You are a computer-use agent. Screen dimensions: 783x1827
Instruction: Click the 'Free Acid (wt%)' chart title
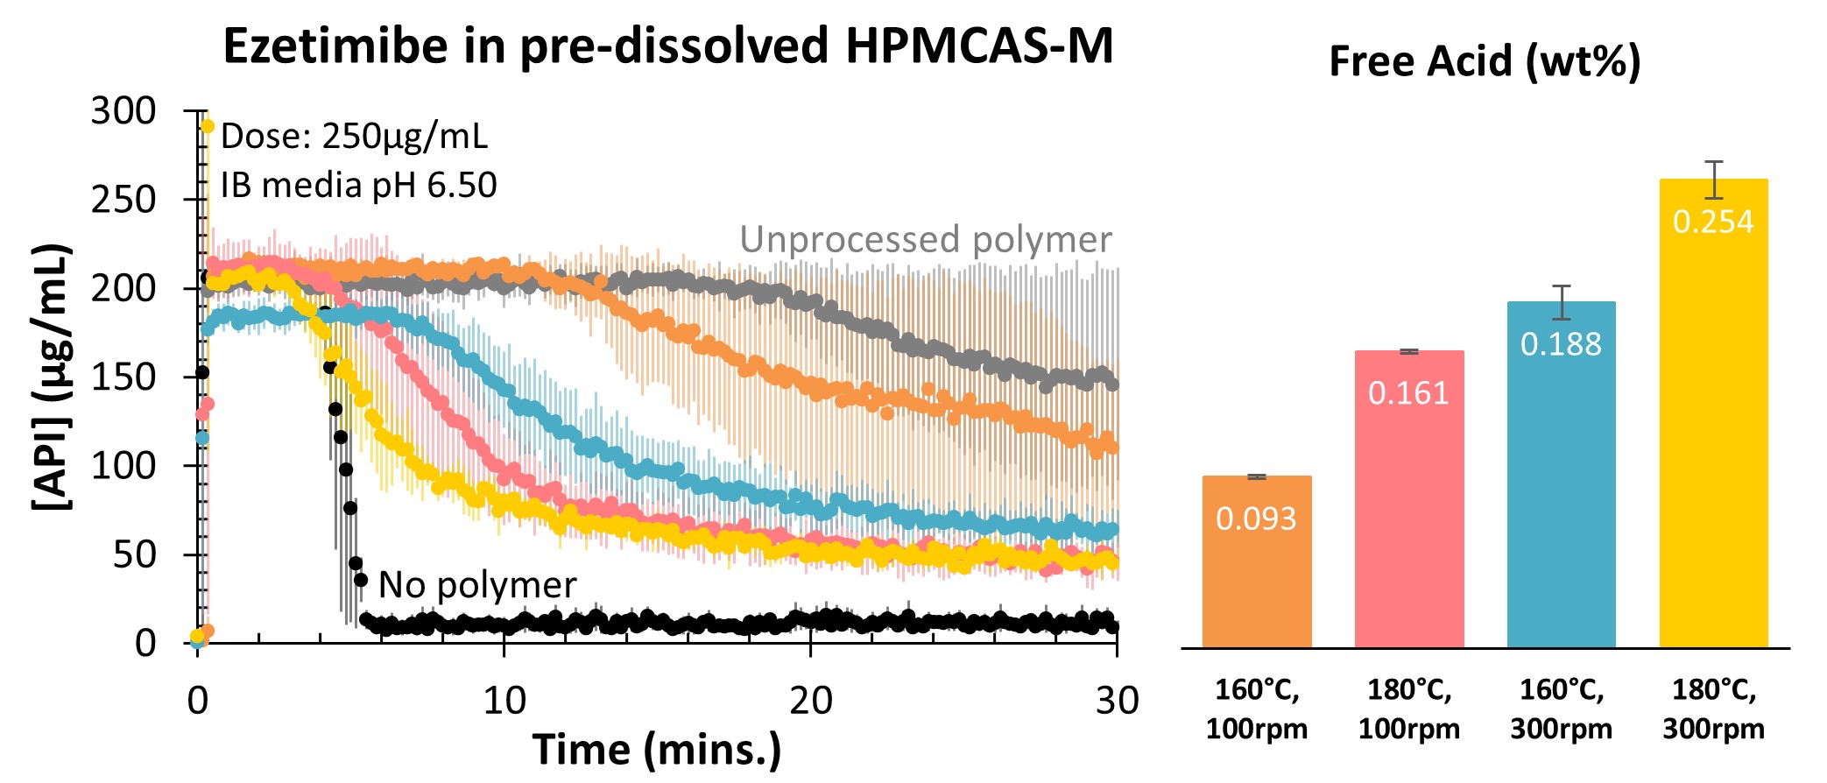pyautogui.click(x=1485, y=61)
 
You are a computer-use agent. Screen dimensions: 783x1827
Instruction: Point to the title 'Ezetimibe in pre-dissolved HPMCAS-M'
pyautogui.click(x=667, y=46)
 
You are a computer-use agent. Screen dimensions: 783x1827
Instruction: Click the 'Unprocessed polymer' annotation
pyautogui.click(x=926, y=239)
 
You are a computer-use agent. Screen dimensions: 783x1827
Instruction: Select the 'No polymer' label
pyautogui.click(x=477, y=584)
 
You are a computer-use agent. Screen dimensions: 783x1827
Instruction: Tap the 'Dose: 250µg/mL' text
pyautogui.click(x=354, y=137)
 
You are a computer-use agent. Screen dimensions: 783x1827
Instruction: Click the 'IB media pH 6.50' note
pyautogui.click(x=358, y=185)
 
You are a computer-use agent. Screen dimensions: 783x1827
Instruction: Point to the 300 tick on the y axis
pyautogui.click(x=123, y=111)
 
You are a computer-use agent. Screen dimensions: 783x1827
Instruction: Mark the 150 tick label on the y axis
pyautogui.click(x=123, y=377)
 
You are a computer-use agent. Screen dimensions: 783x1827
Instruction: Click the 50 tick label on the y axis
pyautogui.click(x=134, y=554)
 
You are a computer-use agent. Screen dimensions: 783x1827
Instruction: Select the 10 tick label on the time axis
pyautogui.click(x=504, y=701)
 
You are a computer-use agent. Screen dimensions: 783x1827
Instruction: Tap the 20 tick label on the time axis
pyautogui.click(x=810, y=701)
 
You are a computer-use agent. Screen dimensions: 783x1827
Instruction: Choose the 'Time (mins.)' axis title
pyautogui.click(x=657, y=750)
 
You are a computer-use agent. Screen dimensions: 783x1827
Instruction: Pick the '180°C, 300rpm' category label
pyautogui.click(x=1713, y=709)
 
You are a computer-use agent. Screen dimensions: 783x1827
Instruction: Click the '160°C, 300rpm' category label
pyautogui.click(x=1561, y=709)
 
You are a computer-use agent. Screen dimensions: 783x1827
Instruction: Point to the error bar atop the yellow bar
pyautogui.click(x=1713, y=180)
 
